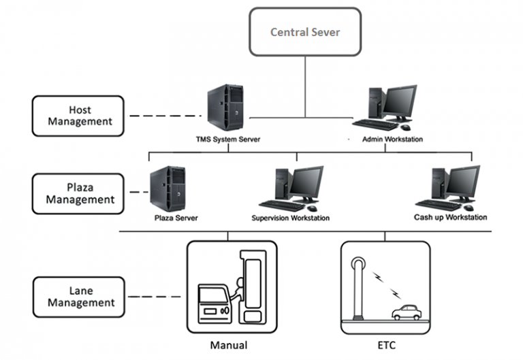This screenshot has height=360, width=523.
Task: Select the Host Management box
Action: [x=78, y=115]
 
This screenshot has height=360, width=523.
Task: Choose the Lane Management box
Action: [x=78, y=296]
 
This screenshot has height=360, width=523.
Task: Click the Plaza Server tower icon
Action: [x=168, y=190]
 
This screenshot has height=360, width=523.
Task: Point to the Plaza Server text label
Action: [x=176, y=218]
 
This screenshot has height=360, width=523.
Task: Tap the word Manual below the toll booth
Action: [x=229, y=345]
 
